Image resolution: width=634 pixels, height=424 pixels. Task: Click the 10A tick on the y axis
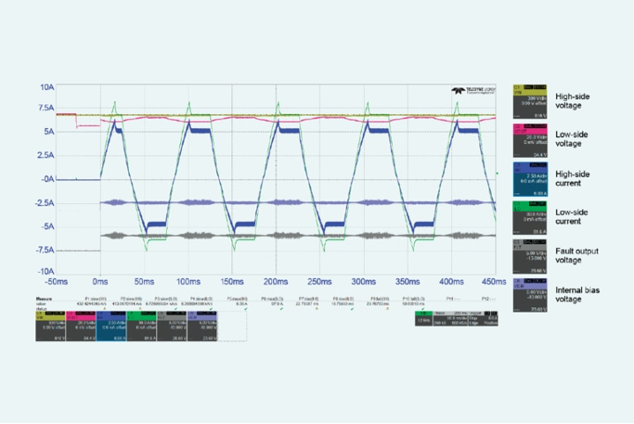tap(46, 87)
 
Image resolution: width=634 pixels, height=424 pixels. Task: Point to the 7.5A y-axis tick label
tap(45, 109)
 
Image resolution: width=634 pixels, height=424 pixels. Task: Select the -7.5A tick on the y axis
tap(43, 250)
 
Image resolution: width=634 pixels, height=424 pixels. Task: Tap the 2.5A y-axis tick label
tap(45, 155)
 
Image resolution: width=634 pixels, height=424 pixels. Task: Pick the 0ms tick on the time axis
tap(101, 281)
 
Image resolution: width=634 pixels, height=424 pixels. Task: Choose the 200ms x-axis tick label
tap(275, 281)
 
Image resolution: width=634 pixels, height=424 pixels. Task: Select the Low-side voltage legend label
tap(573, 139)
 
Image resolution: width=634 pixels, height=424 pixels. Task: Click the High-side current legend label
tap(573, 178)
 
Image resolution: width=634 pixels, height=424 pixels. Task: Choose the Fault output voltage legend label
tap(577, 255)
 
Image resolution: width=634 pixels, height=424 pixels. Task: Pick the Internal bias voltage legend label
tap(577, 294)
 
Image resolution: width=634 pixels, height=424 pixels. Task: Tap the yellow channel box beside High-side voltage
tap(529, 102)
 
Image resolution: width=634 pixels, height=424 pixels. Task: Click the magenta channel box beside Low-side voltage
tap(529, 140)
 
